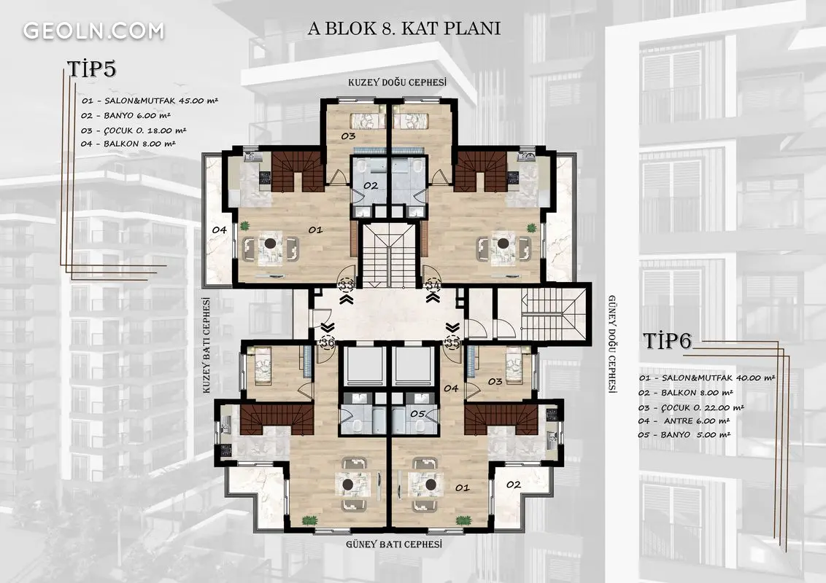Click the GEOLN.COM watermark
[x=94, y=31]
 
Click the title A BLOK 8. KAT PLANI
[x=404, y=28]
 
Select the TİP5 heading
[x=91, y=69]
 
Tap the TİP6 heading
[x=667, y=341]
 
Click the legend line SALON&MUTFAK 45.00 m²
[x=150, y=101]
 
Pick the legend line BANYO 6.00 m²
[x=126, y=115]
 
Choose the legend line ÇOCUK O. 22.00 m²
[x=691, y=407]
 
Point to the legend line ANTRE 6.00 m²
[x=684, y=421]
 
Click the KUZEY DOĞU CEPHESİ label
[x=397, y=82]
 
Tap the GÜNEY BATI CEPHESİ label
[x=394, y=544]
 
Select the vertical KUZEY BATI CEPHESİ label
[x=206, y=345]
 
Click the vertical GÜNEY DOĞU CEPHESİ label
[x=613, y=344]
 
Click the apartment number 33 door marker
[x=347, y=285]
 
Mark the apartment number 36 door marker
[x=327, y=343]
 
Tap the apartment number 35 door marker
[x=452, y=343]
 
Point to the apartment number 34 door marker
[x=433, y=285]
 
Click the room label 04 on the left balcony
[x=219, y=230]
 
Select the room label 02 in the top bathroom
[x=371, y=185]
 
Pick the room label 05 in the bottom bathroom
[x=417, y=414]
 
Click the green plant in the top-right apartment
[x=531, y=227]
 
